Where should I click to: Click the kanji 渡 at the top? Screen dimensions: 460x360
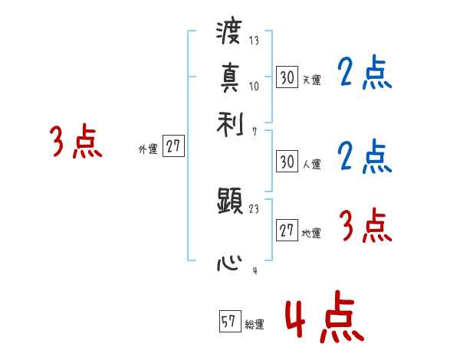230,34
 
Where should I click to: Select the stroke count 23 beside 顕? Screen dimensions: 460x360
254,208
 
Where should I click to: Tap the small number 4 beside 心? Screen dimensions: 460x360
254,270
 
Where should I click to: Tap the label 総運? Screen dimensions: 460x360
254,325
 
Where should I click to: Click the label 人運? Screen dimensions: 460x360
311,164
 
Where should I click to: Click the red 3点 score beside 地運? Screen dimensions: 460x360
366,226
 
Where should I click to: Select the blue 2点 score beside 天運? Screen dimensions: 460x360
365,74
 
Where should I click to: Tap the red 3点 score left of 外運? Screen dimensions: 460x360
76,142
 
